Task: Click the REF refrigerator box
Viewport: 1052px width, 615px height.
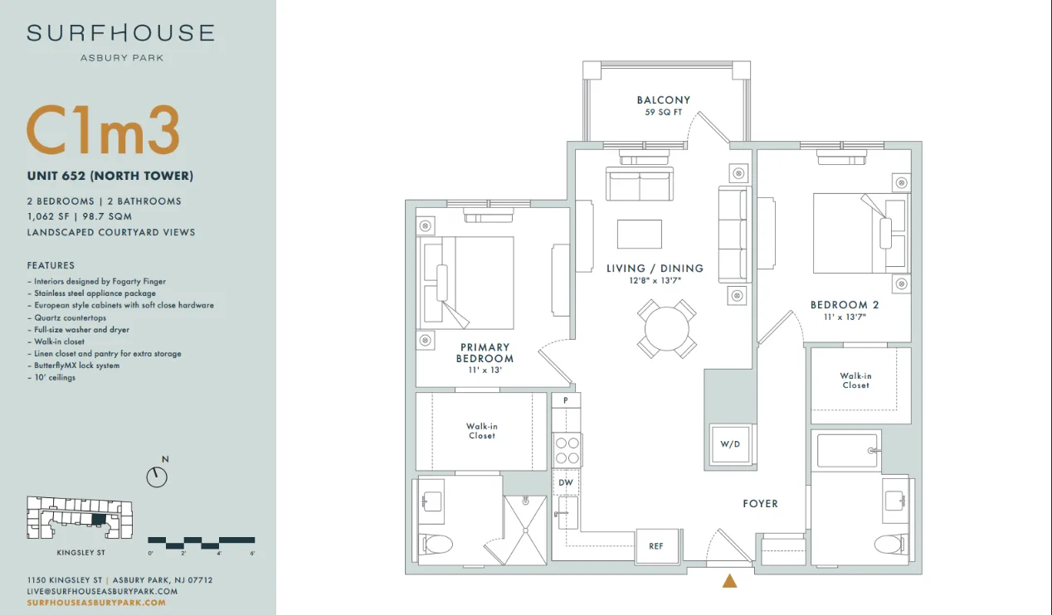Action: click(x=656, y=546)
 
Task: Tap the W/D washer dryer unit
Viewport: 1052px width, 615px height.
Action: click(x=730, y=444)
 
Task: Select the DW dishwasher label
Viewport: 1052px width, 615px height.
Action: click(x=566, y=482)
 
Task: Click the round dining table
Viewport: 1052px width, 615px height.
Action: click(x=667, y=329)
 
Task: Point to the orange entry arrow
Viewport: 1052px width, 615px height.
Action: click(x=729, y=581)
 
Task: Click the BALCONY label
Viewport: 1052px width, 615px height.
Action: click(x=664, y=100)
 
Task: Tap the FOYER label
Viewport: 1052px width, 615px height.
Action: click(x=760, y=504)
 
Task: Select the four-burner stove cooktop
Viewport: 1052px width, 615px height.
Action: click(x=567, y=450)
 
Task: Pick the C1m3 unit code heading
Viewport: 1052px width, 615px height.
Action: click(x=104, y=130)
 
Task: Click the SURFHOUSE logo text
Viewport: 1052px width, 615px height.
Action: click(x=120, y=33)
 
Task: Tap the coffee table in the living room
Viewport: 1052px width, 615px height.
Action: click(x=640, y=234)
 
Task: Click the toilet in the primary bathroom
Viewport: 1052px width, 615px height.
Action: click(x=436, y=545)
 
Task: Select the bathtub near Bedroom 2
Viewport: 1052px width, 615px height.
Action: click(x=847, y=450)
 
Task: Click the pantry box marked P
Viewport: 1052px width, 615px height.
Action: click(x=566, y=400)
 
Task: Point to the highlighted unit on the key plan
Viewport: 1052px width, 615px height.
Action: click(x=99, y=520)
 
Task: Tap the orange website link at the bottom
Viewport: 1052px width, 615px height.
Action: click(x=96, y=603)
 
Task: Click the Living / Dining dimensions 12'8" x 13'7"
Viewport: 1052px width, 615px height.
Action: click(x=655, y=280)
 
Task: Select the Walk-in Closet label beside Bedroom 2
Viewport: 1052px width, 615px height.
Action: click(x=855, y=380)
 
